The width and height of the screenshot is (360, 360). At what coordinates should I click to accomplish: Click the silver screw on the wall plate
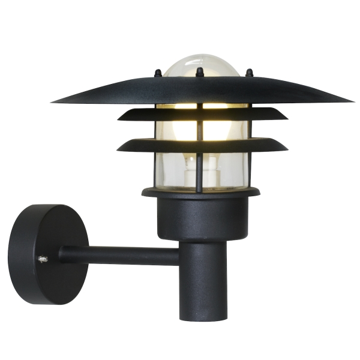click(x=43, y=259)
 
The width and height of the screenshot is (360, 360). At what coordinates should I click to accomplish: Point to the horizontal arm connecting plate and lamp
click(x=120, y=255)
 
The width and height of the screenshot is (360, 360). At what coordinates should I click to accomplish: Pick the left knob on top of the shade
click(x=158, y=73)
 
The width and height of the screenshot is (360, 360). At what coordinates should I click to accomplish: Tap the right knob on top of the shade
click(x=250, y=73)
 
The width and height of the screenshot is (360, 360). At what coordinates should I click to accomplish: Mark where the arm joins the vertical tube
click(x=180, y=256)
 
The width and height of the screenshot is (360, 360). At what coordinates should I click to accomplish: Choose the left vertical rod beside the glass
click(x=157, y=168)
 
